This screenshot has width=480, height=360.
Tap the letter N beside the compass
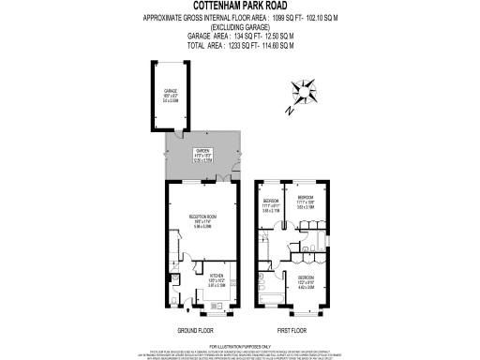pos(291,111)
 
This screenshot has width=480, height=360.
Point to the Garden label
pos(203,153)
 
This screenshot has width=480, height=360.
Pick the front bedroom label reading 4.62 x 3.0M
pos(307,281)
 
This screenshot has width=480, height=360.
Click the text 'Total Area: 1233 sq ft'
pos(240,45)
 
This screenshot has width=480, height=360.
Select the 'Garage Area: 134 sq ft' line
pos(240,36)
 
